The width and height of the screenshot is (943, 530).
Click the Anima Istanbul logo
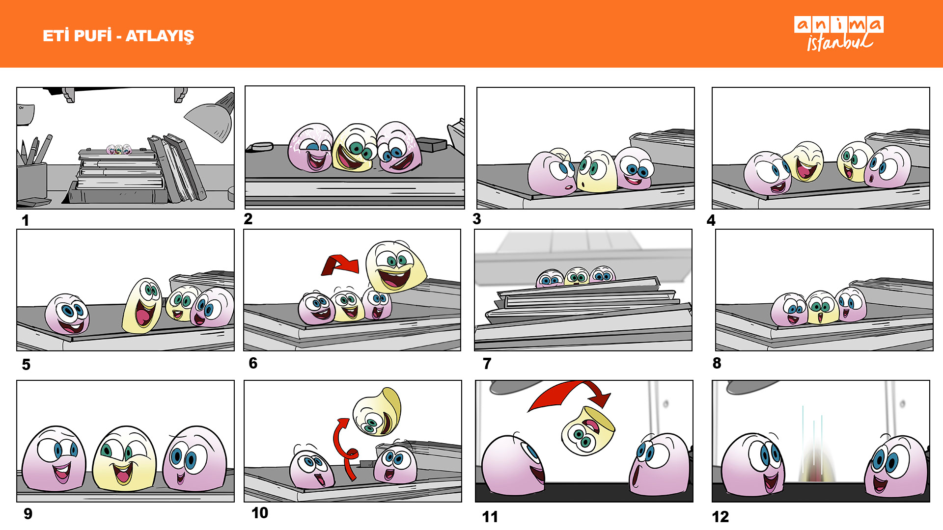tap(839, 33)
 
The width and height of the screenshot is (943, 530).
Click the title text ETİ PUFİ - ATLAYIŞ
tap(118, 36)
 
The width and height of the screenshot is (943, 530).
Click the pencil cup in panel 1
tap(32, 181)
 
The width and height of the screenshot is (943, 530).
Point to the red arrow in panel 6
tap(340, 265)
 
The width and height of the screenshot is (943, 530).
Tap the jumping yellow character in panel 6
tap(395, 266)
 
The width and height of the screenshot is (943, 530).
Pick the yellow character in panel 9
tap(124, 458)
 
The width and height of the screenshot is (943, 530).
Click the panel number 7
tap(487, 364)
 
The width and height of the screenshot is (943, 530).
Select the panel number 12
tap(721, 517)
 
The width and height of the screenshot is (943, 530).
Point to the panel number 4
tap(711, 220)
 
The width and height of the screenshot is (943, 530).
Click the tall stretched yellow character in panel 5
tap(142, 306)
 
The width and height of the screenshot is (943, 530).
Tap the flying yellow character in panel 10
tap(377, 412)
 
